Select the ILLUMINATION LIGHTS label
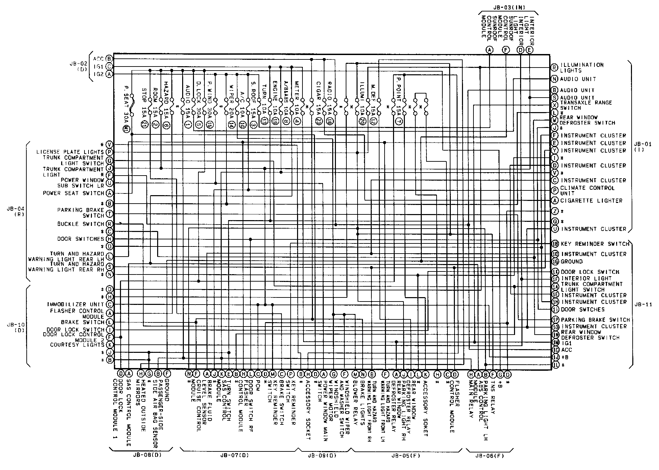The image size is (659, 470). [x=582, y=68]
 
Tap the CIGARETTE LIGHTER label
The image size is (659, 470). [x=591, y=201]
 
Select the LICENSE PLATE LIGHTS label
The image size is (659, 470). [x=70, y=152]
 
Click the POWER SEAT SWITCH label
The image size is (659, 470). [x=73, y=193]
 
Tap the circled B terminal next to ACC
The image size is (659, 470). [x=109, y=59]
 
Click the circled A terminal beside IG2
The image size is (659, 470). [x=109, y=74]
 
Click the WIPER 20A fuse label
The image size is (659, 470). [x=231, y=99]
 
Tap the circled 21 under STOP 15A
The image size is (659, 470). [x=143, y=124]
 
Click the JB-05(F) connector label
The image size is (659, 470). [x=406, y=455]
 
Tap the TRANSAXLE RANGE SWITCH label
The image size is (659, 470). [x=586, y=105]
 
